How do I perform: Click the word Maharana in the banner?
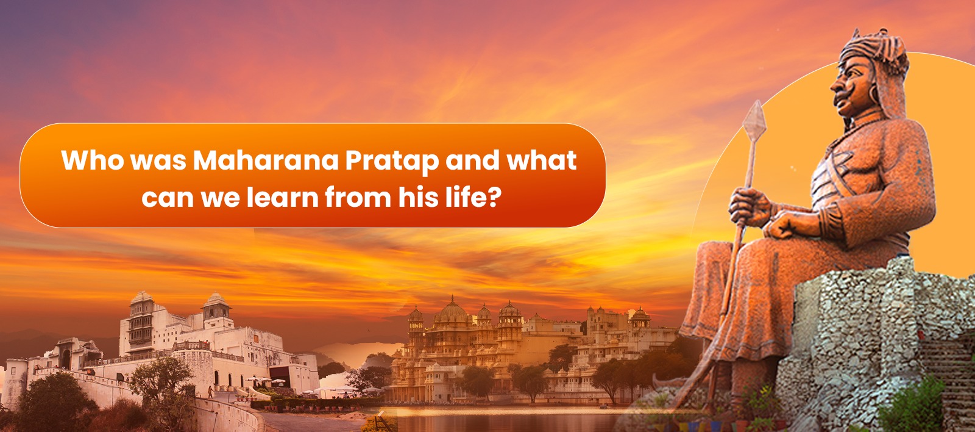[x=266, y=160]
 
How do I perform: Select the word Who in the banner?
[x=93, y=160]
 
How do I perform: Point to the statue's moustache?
[x=843, y=97]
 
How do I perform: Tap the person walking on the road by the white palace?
[x=211, y=392]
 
